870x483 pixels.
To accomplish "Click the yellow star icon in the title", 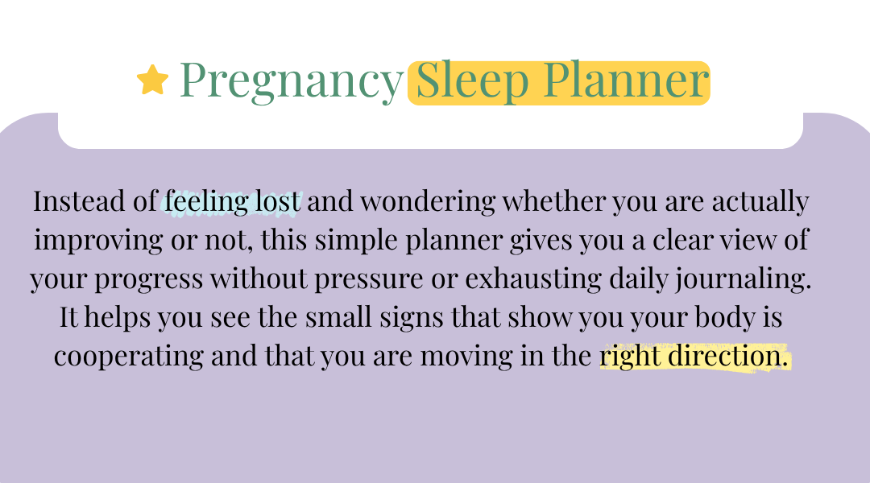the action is (x=152, y=80).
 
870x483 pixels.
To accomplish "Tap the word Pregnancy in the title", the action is (x=292, y=81).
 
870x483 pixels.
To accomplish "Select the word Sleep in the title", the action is (x=472, y=81).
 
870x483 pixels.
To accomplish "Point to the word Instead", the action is (x=79, y=200).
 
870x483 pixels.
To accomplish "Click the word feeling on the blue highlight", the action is (x=206, y=202).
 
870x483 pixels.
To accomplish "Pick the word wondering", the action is (x=428, y=202).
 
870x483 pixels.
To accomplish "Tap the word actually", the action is (x=760, y=202).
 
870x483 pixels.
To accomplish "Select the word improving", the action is (x=98, y=241).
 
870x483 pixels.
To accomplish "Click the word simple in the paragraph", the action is (x=356, y=241).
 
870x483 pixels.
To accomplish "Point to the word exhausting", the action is (x=533, y=279).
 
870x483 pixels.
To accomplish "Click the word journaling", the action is (x=743, y=279).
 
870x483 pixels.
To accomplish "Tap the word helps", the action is (x=117, y=318).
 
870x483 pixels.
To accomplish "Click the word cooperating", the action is (x=129, y=357).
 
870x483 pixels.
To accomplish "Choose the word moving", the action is (x=466, y=357).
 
